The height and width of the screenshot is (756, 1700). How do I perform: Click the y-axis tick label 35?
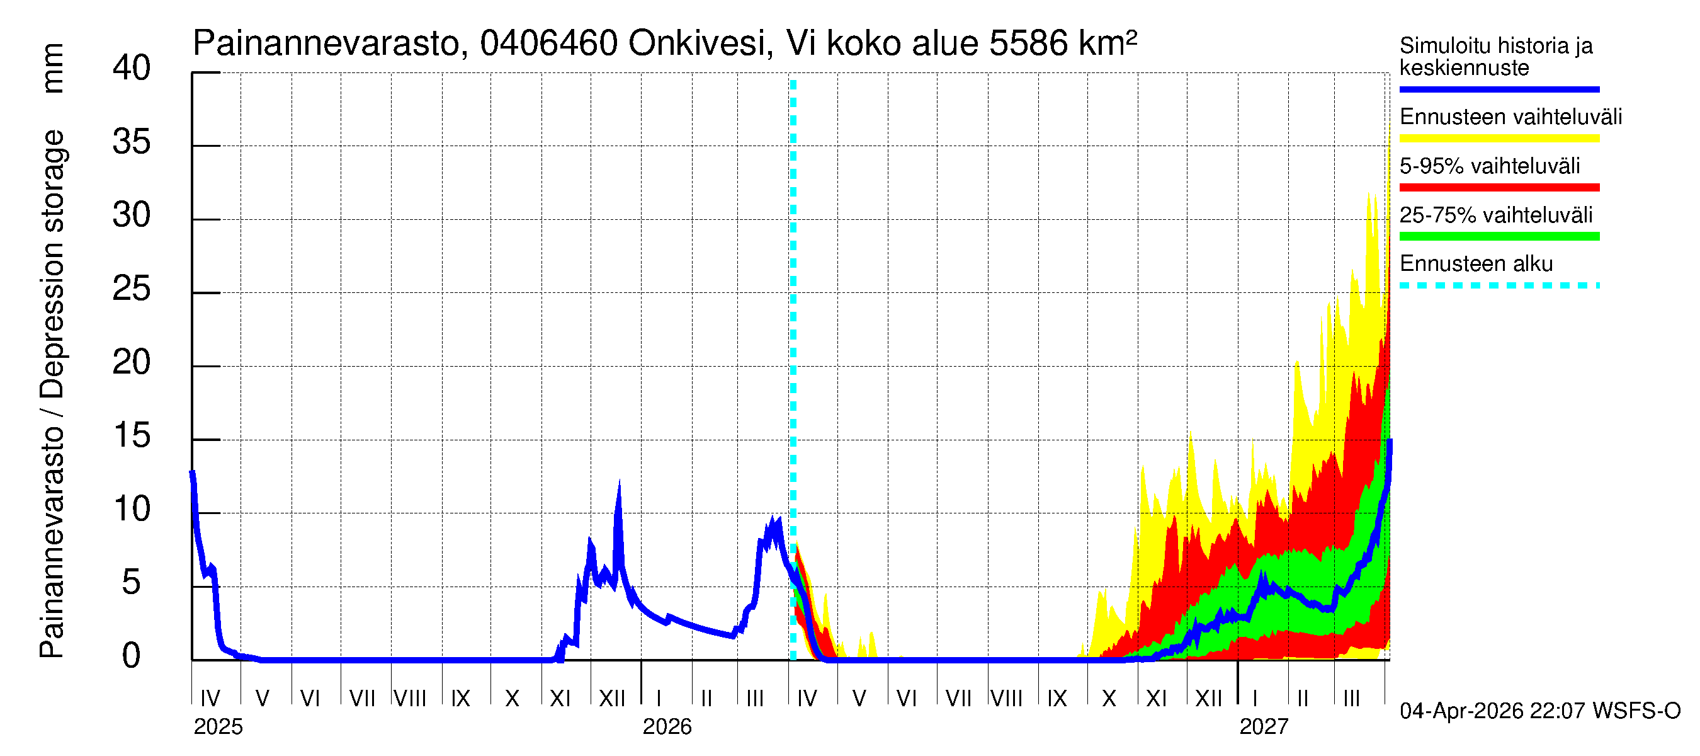(132, 142)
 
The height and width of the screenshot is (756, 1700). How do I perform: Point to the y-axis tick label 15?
(132, 436)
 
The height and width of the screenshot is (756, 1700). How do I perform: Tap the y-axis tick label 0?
(132, 656)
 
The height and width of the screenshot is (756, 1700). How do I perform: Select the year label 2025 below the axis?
(218, 727)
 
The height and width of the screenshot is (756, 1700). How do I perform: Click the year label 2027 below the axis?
(1263, 727)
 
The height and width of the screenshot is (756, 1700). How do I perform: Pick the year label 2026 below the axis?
(667, 727)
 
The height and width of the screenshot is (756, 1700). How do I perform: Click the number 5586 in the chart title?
(1028, 43)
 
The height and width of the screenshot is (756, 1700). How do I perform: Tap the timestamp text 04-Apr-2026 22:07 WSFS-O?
(1539, 711)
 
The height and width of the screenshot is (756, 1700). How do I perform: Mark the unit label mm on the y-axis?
(53, 68)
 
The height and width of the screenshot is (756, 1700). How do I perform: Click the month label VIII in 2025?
(410, 699)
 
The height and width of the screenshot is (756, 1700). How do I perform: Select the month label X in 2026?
(1109, 699)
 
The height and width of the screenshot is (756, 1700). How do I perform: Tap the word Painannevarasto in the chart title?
(326, 44)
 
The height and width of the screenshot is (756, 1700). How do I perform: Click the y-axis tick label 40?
(132, 69)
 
